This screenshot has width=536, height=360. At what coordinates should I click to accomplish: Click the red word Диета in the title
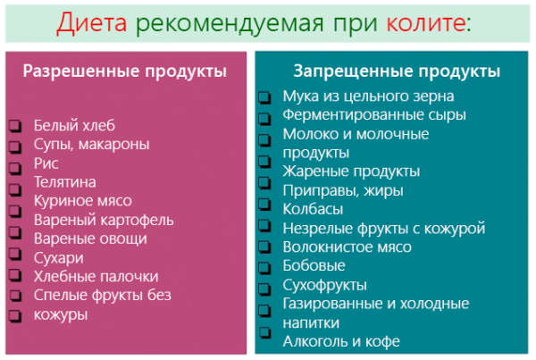click(x=92, y=23)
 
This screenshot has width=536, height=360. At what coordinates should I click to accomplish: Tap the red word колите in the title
click(x=425, y=22)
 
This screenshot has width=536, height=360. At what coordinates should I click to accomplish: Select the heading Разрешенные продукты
click(x=125, y=71)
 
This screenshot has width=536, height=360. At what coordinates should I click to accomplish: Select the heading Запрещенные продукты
click(x=397, y=71)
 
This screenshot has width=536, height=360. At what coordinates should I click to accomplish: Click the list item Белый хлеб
click(x=74, y=125)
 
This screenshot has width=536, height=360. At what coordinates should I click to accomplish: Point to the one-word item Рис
click(x=46, y=163)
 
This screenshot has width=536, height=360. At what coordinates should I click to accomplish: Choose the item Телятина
click(x=65, y=182)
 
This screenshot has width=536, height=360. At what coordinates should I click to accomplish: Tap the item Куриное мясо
click(x=83, y=201)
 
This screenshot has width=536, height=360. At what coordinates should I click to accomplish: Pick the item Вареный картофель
click(x=104, y=220)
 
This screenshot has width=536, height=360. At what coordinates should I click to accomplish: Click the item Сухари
click(x=59, y=258)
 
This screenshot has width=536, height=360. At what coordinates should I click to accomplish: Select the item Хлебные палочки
click(x=96, y=277)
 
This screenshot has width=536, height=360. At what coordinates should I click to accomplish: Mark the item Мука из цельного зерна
click(x=368, y=96)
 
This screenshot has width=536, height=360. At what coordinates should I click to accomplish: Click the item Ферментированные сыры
click(x=374, y=115)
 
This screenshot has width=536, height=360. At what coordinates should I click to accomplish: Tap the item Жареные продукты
click(x=351, y=172)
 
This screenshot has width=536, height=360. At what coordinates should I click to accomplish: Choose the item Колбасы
click(x=314, y=209)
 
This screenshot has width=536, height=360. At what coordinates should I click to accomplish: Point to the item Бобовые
click(x=314, y=265)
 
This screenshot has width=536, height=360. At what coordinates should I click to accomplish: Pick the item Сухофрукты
click(x=325, y=285)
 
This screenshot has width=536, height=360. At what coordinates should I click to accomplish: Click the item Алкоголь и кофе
click(x=341, y=341)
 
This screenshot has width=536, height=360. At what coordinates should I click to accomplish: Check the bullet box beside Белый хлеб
click(x=15, y=126)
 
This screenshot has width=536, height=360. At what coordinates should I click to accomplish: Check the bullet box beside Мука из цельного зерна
click(x=264, y=97)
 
